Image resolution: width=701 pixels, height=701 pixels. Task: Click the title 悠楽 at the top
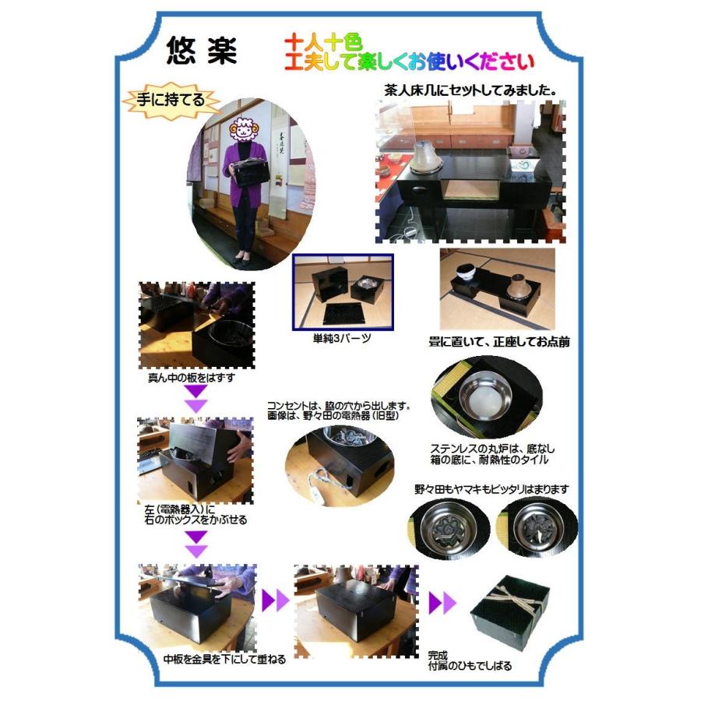(201, 52)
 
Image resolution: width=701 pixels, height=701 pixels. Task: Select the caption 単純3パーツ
(342, 340)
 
